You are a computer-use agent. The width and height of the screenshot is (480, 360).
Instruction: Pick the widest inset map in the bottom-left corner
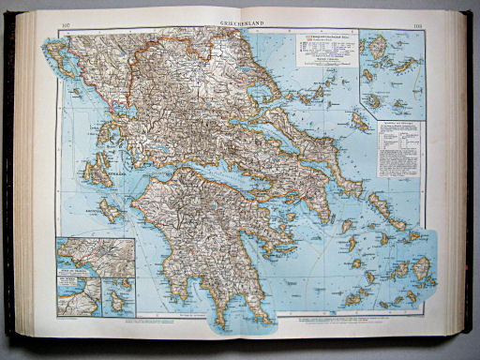(x=95, y=254)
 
